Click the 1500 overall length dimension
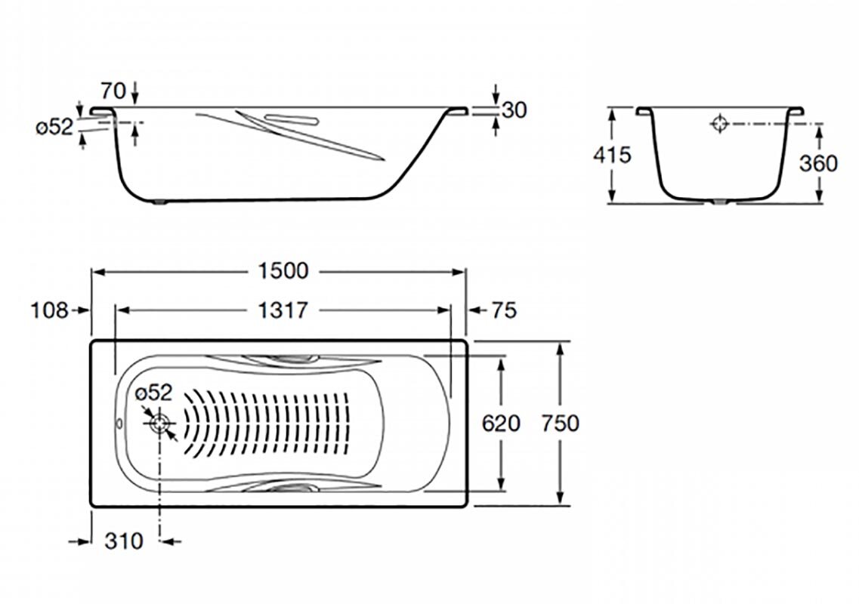click(x=283, y=270)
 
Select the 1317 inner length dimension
click(x=283, y=310)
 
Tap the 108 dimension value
click(x=49, y=310)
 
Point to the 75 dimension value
click(x=504, y=310)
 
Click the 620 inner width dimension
click(x=501, y=424)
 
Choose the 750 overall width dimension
click(x=560, y=424)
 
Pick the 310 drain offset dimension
click(x=124, y=541)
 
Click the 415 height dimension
click(x=612, y=155)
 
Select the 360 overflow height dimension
click(x=818, y=163)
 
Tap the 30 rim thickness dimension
click(x=514, y=110)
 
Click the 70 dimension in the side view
click(x=113, y=91)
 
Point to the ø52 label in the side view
click(x=54, y=128)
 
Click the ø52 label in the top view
click(x=154, y=393)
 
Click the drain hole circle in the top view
click(x=160, y=424)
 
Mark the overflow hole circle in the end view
click(x=719, y=124)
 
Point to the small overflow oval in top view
click(x=120, y=424)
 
